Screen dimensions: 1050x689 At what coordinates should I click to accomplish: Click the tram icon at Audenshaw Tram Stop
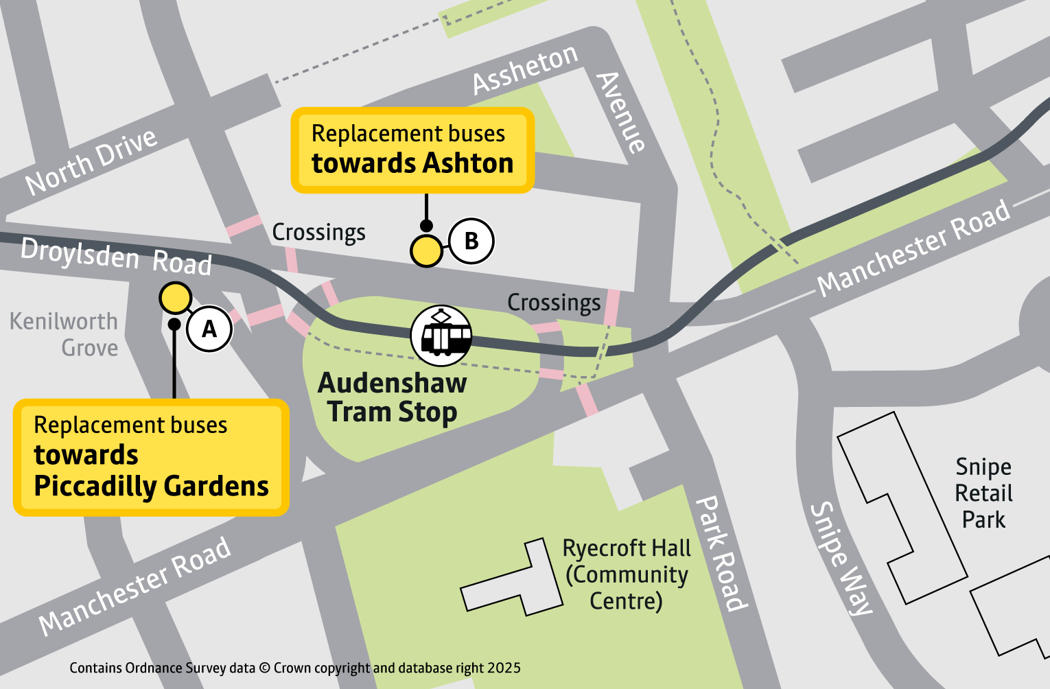(441, 336)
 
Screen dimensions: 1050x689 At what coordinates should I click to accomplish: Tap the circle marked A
(209, 329)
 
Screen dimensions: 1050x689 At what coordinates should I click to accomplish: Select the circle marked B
(471, 241)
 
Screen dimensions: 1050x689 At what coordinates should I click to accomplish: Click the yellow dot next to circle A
(175, 298)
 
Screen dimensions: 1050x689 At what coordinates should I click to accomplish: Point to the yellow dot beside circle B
(426, 251)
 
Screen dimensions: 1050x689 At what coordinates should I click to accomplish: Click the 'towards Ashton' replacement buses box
(412, 150)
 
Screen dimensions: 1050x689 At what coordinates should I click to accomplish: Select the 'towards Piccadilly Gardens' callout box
(151, 457)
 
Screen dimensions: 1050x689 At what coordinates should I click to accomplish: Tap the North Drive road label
(91, 161)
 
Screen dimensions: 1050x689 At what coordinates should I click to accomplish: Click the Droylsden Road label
(116, 257)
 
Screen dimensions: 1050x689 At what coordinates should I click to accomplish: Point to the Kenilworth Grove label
(65, 334)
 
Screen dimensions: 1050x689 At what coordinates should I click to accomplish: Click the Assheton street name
(525, 69)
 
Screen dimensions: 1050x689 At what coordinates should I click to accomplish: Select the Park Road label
(721, 552)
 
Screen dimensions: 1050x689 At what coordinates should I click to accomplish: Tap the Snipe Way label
(841, 558)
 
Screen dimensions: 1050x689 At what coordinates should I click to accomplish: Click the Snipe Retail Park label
(983, 493)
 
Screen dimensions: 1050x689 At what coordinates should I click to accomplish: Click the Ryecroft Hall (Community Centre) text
(626, 574)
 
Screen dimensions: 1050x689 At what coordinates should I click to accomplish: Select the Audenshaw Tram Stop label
(393, 397)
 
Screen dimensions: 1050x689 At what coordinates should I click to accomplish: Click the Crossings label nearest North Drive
(318, 233)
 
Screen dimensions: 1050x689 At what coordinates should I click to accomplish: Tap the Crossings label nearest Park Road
(554, 303)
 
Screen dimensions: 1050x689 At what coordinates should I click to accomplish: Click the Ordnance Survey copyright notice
(295, 668)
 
